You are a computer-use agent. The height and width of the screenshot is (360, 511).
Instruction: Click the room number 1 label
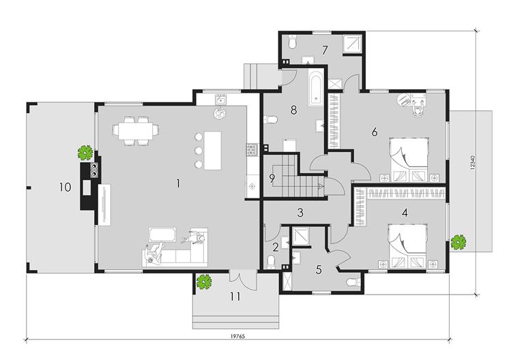pos(178,183)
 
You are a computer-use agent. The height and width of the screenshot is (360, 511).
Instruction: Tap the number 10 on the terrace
pos(65,187)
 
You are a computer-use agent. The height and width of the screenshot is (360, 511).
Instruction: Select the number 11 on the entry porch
pos(235,297)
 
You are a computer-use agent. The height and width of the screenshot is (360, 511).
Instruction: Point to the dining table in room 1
pos(136,131)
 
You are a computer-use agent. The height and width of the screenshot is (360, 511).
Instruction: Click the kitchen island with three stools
pos(212,151)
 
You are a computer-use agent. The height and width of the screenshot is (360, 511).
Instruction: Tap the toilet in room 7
pos(292,42)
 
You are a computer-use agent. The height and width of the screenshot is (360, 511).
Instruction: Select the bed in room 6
pos(409,160)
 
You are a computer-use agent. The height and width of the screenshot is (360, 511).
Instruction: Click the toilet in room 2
pos(271,262)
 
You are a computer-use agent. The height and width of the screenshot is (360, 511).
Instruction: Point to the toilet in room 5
pos(353,282)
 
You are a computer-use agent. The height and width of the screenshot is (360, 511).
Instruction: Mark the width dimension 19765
pos(237,337)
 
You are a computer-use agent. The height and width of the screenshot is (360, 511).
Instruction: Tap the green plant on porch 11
pos(205,282)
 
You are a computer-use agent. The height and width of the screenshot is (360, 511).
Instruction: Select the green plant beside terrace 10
pos(86,153)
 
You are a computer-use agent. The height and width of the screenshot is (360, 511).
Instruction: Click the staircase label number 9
pos(272,178)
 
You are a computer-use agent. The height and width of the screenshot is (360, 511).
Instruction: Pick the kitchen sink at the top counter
pos(221,99)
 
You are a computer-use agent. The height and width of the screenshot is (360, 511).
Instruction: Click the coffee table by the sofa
pos(162,235)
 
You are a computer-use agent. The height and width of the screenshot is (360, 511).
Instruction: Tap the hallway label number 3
pos(300,213)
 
